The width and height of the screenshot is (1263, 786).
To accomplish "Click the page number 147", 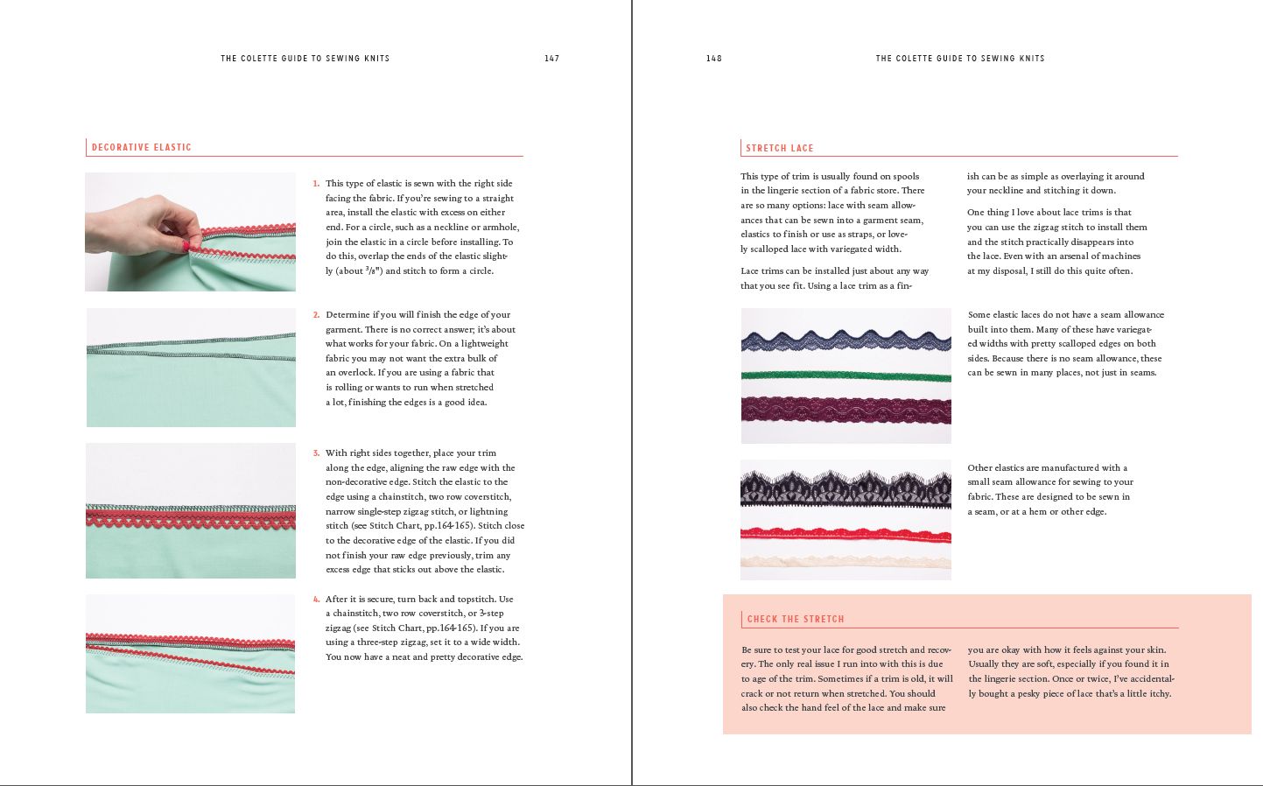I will (x=551, y=59).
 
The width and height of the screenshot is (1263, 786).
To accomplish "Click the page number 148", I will (x=713, y=59).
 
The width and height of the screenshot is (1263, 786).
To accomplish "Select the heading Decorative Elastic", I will (x=141, y=147).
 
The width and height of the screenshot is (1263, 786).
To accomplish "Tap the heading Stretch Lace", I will (x=779, y=148).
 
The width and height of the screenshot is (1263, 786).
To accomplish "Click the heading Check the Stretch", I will (x=795, y=619).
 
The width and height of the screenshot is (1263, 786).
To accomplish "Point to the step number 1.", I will (x=316, y=184).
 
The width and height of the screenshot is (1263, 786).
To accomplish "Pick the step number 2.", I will (x=316, y=315).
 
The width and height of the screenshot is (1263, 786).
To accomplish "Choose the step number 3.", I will (x=316, y=453).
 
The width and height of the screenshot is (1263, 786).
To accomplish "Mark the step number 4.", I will (x=316, y=600).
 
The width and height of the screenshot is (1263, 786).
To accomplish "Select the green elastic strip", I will (x=846, y=377).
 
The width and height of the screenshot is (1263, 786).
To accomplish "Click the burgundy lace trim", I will (x=846, y=408).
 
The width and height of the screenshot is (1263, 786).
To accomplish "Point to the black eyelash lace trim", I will (x=846, y=488).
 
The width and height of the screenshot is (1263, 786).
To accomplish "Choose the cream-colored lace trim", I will (x=846, y=560).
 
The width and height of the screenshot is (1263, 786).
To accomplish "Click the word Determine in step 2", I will (x=347, y=315).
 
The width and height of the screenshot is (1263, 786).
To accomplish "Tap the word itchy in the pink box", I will (x=1159, y=694).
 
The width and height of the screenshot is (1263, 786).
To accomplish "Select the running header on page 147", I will (x=305, y=59).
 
